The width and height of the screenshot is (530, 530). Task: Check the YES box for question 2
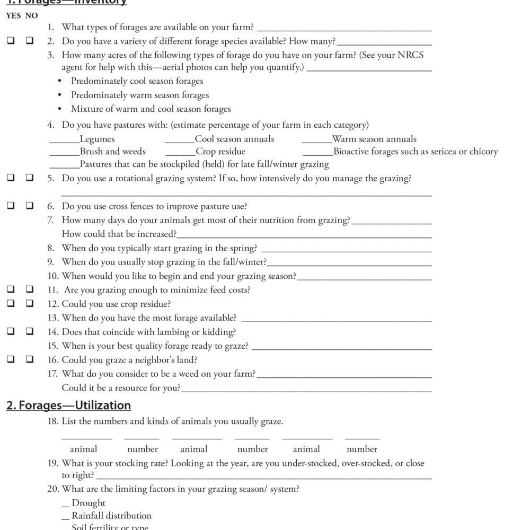click(10, 41)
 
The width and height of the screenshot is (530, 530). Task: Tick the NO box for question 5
click(30, 179)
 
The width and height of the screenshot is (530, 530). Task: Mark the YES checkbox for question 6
click(10, 206)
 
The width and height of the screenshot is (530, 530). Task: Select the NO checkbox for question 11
click(30, 289)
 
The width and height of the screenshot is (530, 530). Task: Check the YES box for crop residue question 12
click(10, 304)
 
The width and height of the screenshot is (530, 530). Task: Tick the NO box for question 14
click(30, 331)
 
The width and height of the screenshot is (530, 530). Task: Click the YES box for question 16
click(10, 359)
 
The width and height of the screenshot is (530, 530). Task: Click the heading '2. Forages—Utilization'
click(68, 405)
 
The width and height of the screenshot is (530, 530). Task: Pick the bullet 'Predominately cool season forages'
click(137, 81)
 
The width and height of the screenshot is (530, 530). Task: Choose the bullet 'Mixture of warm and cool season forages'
click(151, 109)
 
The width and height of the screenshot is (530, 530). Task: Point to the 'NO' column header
click(31, 16)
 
